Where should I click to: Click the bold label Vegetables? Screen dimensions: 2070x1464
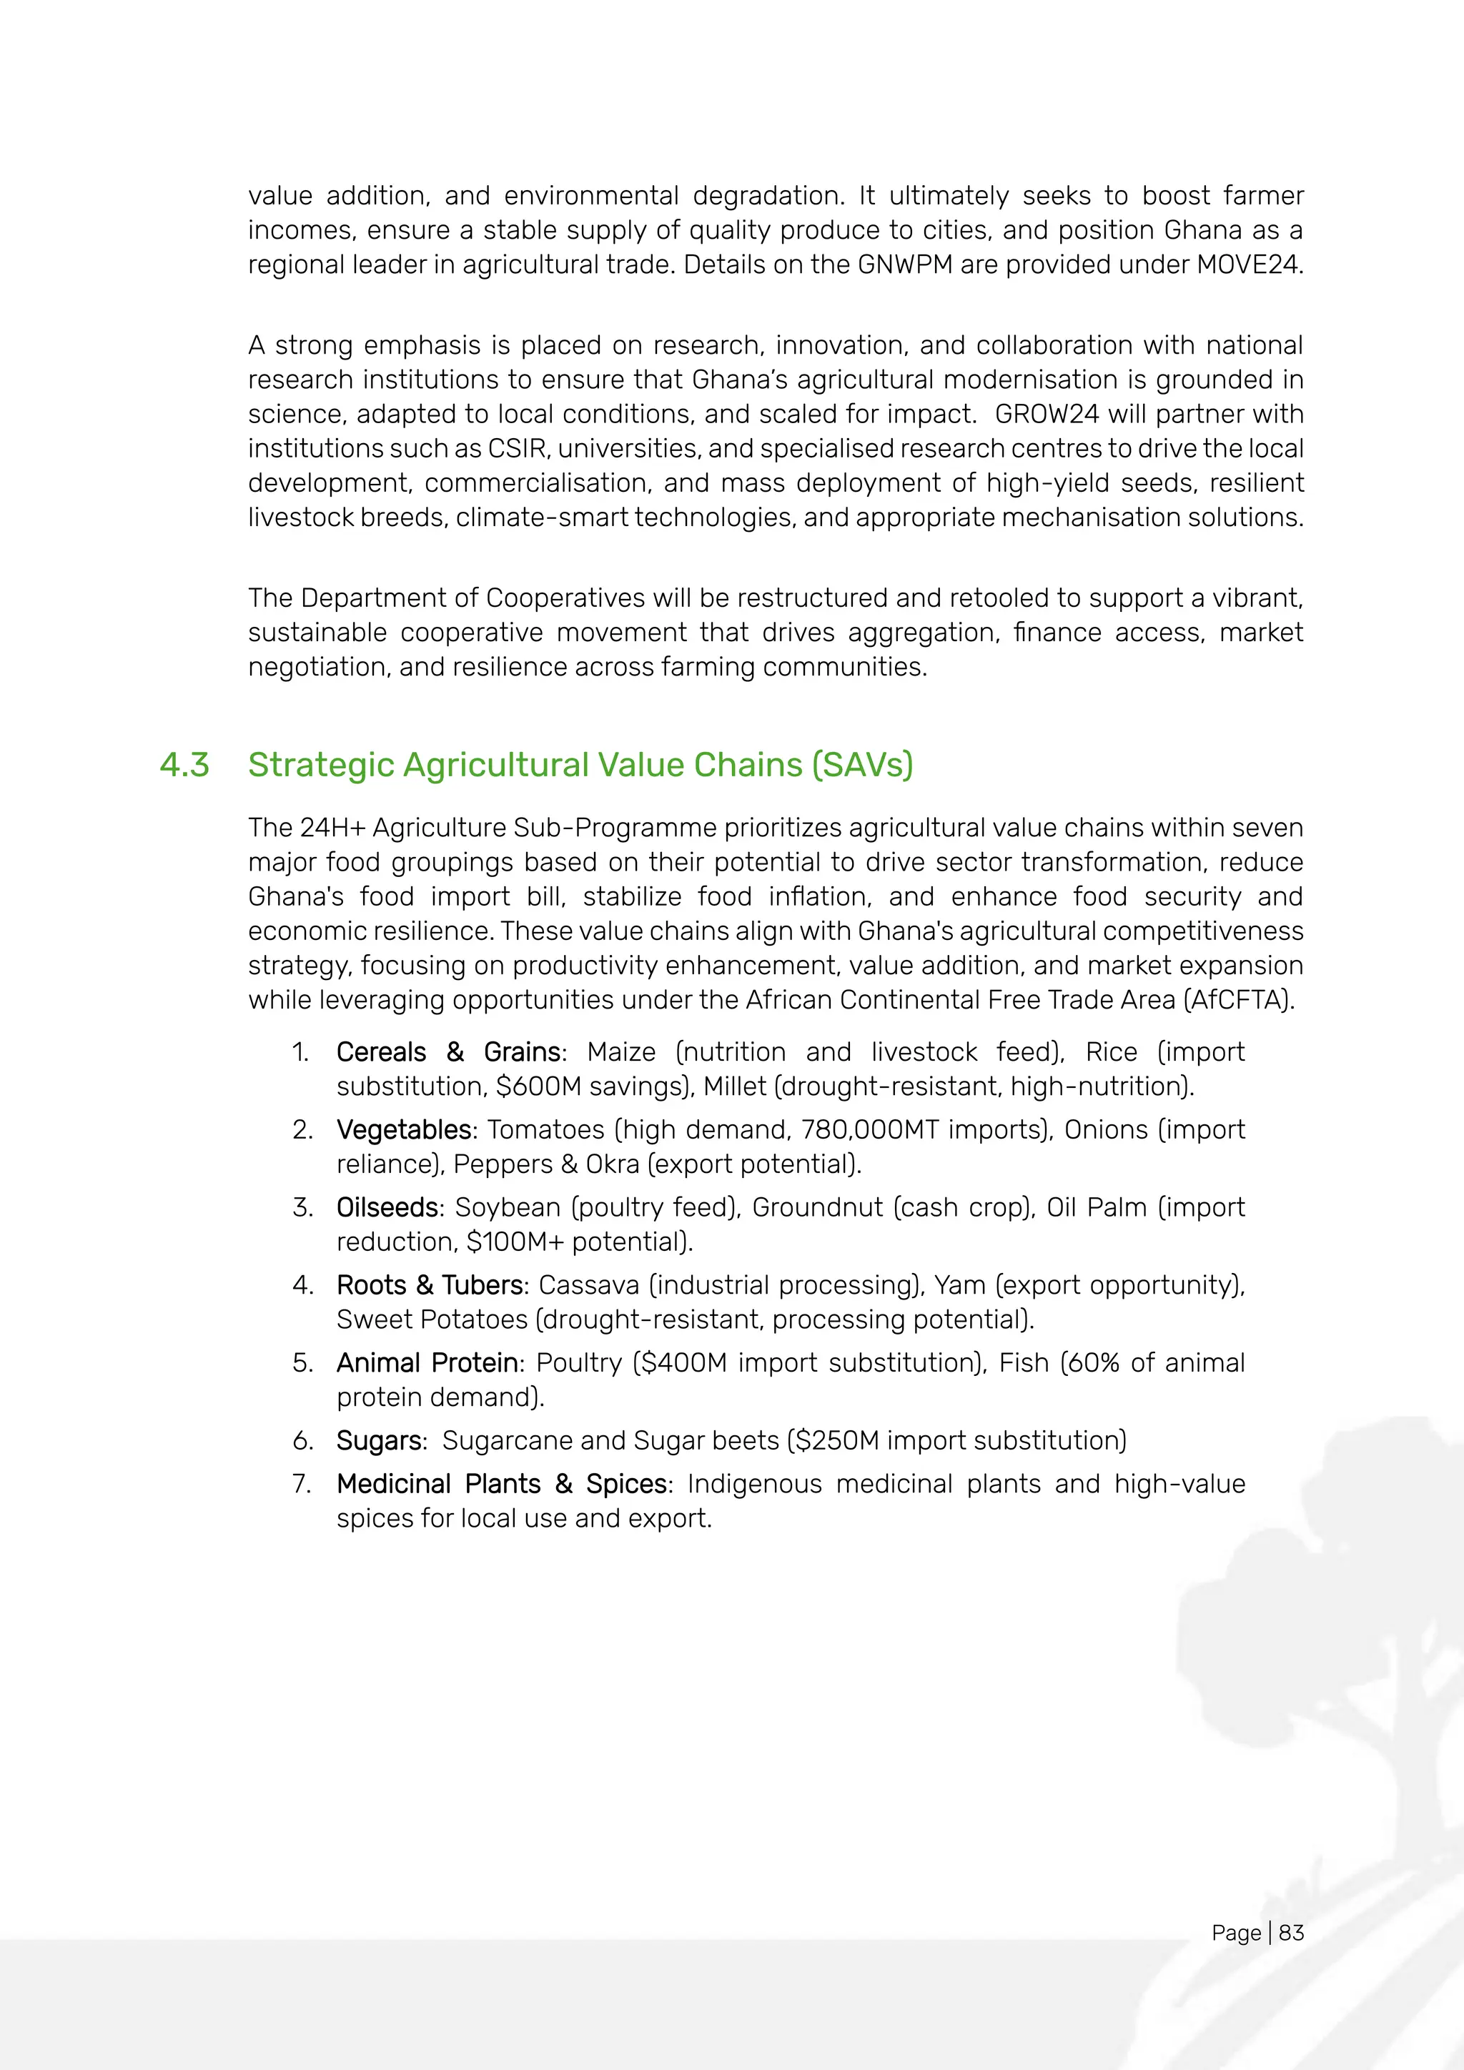click(404, 1129)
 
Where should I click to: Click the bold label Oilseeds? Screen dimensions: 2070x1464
click(387, 1207)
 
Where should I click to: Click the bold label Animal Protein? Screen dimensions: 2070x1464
click(427, 1362)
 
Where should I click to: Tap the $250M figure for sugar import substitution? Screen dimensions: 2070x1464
click(836, 1441)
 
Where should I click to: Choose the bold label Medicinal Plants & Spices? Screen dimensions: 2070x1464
click(502, 1484)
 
